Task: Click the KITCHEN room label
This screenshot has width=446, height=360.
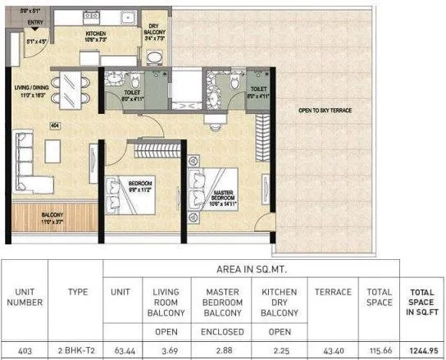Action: (x=98, y=32)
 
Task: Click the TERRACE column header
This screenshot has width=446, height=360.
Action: (x=332, y=292)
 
